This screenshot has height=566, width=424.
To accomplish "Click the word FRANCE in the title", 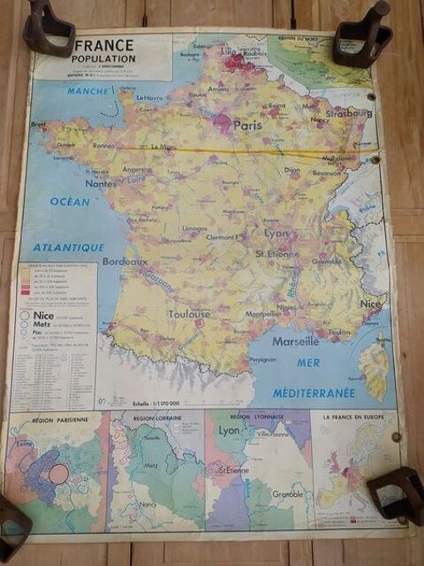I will coord(104,45).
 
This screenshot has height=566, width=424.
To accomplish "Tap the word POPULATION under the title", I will coord(104,58).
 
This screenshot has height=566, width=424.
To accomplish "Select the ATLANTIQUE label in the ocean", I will coord(69,248).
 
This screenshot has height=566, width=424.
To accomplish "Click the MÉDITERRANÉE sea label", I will coord(314,392).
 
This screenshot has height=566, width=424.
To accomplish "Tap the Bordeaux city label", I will coord(125,262).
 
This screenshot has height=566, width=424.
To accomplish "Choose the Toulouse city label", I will coord(190,314).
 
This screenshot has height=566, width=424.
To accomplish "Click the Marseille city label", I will coord(296,340).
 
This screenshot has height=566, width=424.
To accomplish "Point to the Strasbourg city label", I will coord(346,113).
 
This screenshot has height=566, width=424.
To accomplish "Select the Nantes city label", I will coord(101,183).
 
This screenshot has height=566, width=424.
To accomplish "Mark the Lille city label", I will coord(229,51).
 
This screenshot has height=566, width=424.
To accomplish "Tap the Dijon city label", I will coord(291,169).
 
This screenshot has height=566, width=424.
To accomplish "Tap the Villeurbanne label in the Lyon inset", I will coord(274,435).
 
